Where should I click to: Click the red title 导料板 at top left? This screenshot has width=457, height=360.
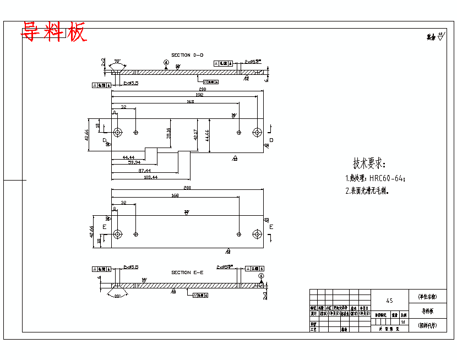pos(54,32)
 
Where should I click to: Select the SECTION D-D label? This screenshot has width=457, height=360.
pos(187,55)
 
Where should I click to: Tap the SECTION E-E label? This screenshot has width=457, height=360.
pos(187,272)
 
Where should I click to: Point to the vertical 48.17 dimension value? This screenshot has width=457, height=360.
pos(195,135)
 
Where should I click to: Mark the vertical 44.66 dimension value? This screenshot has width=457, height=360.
pos(207,135)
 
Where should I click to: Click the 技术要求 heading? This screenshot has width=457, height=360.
pos(369,164)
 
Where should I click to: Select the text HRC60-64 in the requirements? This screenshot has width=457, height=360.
pos(388,178)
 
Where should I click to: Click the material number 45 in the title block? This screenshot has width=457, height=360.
pos(389,301)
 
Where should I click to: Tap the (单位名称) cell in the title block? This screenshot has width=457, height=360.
pos(427,296)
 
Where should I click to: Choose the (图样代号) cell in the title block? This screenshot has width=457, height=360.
pos(427,325)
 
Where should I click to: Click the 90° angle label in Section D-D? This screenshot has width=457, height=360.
pos(117,61)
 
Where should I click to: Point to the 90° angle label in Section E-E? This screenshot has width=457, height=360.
pos(117,296)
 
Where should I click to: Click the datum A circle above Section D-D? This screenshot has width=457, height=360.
pos(166,62)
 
